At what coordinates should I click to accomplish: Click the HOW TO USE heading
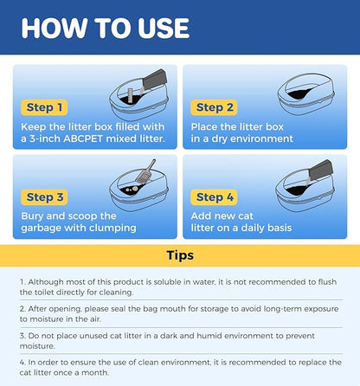point(106,29)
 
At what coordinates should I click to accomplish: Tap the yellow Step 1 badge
point(44,107)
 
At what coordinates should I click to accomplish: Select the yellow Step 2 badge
point(214,107)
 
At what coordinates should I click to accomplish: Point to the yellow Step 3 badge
point(44,197)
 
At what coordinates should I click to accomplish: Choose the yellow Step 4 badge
point(214,197)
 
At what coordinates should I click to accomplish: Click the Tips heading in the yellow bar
point(180,255)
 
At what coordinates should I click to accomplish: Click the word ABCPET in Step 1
point(83,138)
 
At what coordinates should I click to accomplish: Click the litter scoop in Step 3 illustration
point(145,172)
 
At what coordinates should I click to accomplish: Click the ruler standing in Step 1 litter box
point(130,95)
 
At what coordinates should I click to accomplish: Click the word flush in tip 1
point(327,282)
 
